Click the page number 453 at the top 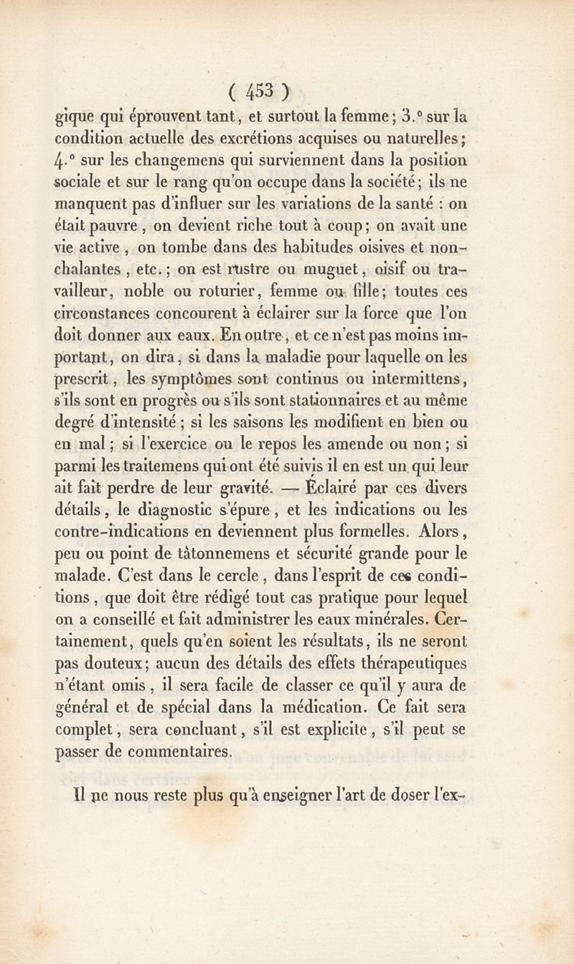pyautogui.click(x=259, y=93)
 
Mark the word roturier pyautogui.click(x=238, y=294)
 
